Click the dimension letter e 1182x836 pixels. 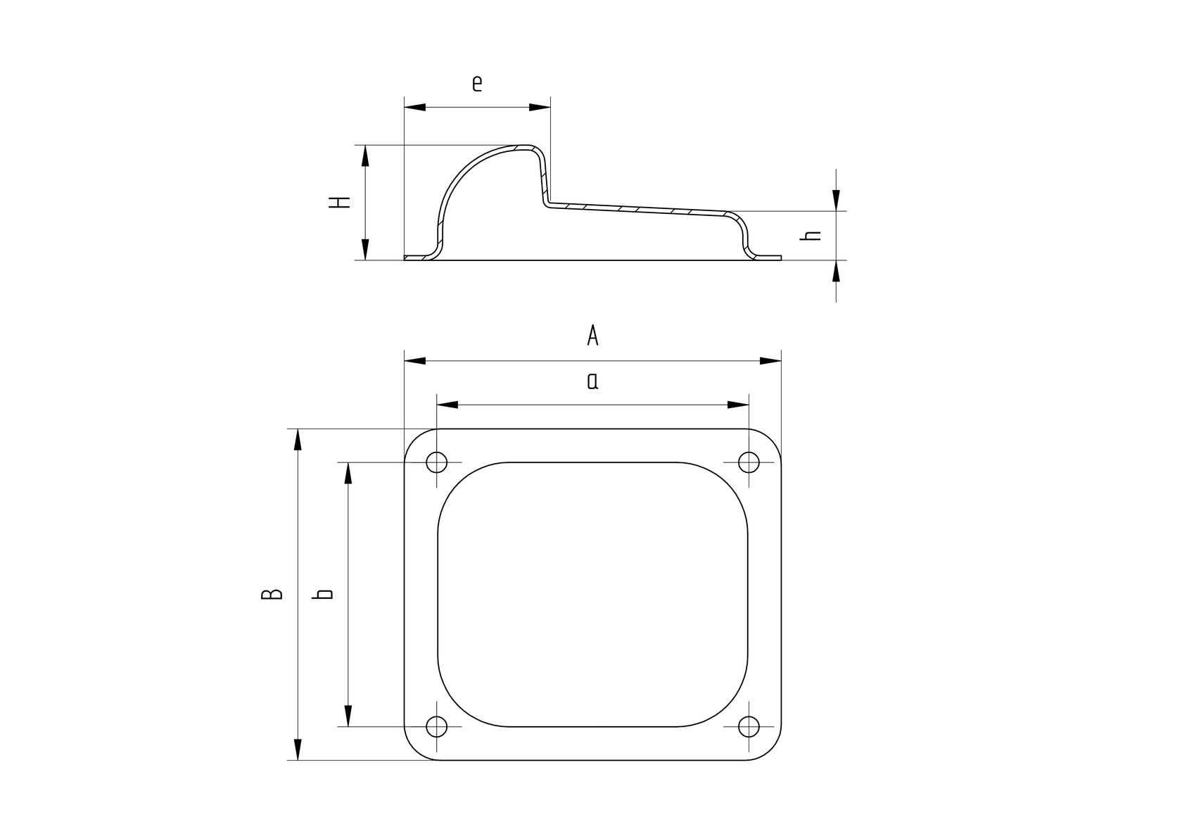tap(477, 84)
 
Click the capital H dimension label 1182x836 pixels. tap(340, 202)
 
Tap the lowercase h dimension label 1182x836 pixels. tap(811, 236)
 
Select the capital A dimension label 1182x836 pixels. tap(592, 336)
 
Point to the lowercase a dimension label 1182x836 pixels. tap(592, 381)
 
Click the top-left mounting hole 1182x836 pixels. tap(437, 462)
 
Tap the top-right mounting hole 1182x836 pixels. tap(749, 462)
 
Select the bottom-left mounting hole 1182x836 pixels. tap(437, 726)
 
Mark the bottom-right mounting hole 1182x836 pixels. tap(749, 726)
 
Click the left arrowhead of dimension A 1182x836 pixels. tap(415, 361)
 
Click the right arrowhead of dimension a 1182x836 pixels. tap(738, 405)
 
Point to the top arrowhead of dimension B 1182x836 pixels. tap(298, 440)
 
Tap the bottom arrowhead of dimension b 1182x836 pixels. tap(348, 716)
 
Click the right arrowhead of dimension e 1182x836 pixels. tap(540, 107)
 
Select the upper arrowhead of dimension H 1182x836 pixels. tap(364, 156)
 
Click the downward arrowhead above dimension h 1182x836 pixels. tap(836, 200)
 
